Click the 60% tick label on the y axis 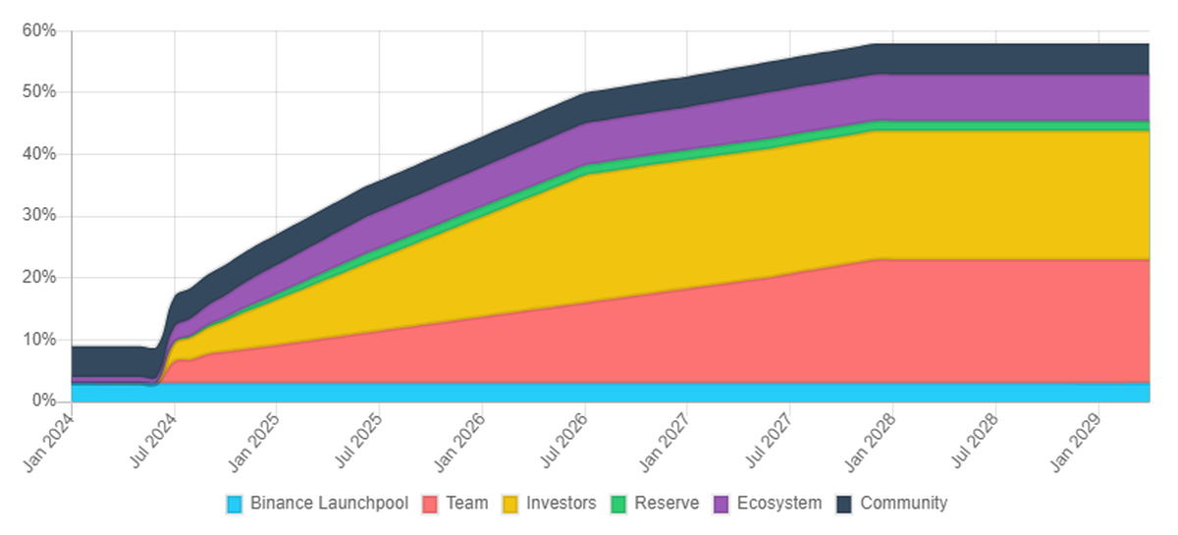click(38, 30)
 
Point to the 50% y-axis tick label click(38, 92)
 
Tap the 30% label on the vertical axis click(38, 216)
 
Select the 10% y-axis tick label click(38, 340)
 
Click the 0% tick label click(42, 401)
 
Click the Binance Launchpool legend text click(329, 504)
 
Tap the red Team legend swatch click(429, 505)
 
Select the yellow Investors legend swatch click(510, 505)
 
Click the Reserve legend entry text click(667, 504)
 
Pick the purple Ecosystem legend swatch click(720, 505)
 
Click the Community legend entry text click(903, 504)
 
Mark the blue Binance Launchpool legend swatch click(234, 505)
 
